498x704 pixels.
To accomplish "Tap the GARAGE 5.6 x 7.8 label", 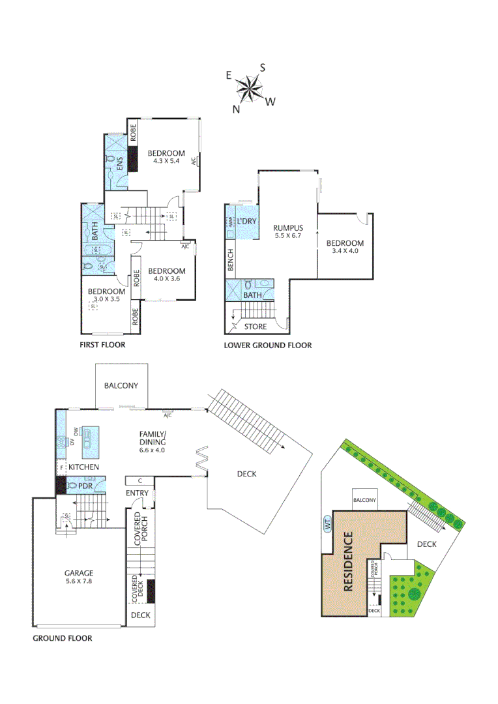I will [78, 577].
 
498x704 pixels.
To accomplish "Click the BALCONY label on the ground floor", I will [121, 385].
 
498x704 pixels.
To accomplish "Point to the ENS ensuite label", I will [119, 166].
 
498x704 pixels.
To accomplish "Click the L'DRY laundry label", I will [247, 222].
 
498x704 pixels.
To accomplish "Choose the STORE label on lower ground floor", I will [255, 326].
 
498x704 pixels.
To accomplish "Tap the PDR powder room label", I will [84, 486].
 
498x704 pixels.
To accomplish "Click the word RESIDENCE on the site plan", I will [347, 562].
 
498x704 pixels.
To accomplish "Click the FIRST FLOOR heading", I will [102, 345].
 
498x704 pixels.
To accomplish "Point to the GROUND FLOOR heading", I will [63, 638].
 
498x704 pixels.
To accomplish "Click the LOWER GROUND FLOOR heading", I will [268, 345].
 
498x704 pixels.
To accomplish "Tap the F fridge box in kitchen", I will [61, 467].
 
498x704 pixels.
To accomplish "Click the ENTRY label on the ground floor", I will [138, 493].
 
